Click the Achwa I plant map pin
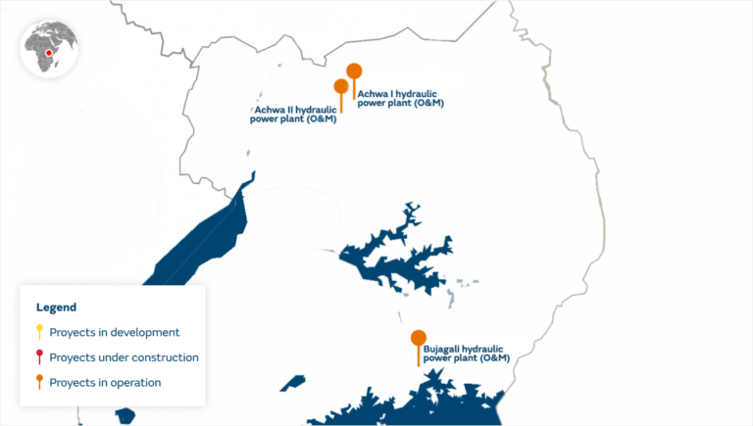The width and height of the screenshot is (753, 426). click(x=354, y=71)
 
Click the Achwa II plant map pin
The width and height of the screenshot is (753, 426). click(x=341, y=86)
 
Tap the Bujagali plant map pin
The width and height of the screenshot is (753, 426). click(x=419, y=339)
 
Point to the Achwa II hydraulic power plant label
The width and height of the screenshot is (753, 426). click(x=295, y=115)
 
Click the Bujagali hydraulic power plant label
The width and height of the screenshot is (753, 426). click(x=467, y=353)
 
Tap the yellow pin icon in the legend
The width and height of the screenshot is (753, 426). click(x=39, y=332)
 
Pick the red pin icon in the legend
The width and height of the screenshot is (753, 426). click(x=39, y=356)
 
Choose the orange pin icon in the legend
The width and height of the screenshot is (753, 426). click(x=39, y=382)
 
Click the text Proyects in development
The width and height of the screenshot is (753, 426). click(x=114, y=333)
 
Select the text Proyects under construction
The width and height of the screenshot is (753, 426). click(x=124, y=357)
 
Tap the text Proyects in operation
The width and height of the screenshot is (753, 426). click(x=105, y=383)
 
